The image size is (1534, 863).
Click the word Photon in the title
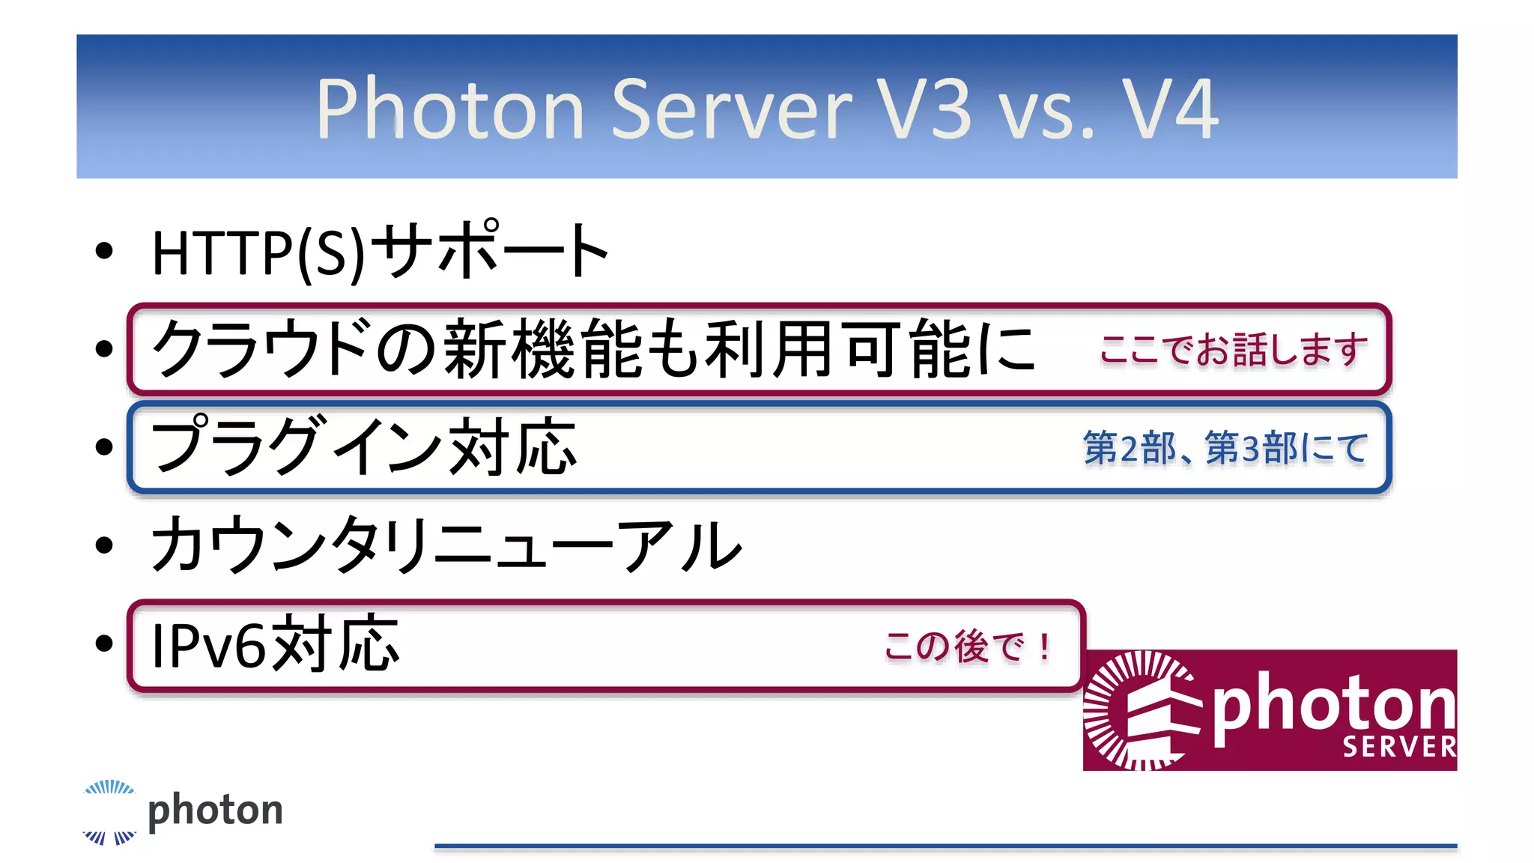(449, 109)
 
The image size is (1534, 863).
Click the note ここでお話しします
(1233, 350)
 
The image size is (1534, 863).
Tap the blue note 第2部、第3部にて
(1225, 448)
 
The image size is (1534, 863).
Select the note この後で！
(968, 647)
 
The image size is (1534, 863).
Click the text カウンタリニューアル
(446, 545)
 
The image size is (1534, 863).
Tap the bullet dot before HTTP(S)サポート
(104, 251)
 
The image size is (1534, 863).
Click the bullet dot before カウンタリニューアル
(104, 545)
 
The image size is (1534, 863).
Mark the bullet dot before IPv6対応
(104, 643)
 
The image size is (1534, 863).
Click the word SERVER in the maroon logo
(1398, 747)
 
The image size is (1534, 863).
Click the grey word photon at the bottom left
(216, 811)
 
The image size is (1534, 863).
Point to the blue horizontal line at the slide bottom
(945, 846)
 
